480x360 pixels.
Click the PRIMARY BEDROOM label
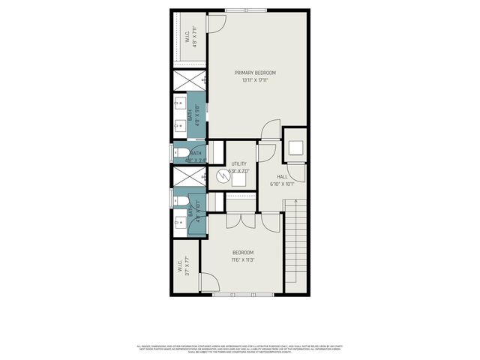tap(255, 73)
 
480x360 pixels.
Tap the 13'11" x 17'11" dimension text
tap(255, 80)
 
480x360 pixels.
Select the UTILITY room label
tap(238, 163)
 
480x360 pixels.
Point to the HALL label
tap(282, 176)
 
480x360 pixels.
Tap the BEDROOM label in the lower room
tap(243, 252)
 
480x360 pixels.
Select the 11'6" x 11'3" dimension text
tap(243, 260)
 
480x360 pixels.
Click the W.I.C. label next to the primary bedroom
tap(187, 35)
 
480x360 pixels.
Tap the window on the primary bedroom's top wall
tap(238, 10)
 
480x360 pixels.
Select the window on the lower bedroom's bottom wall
tap(233, 295)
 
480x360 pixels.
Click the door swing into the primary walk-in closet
tap(213, 22)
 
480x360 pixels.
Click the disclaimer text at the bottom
tap(239, 348)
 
